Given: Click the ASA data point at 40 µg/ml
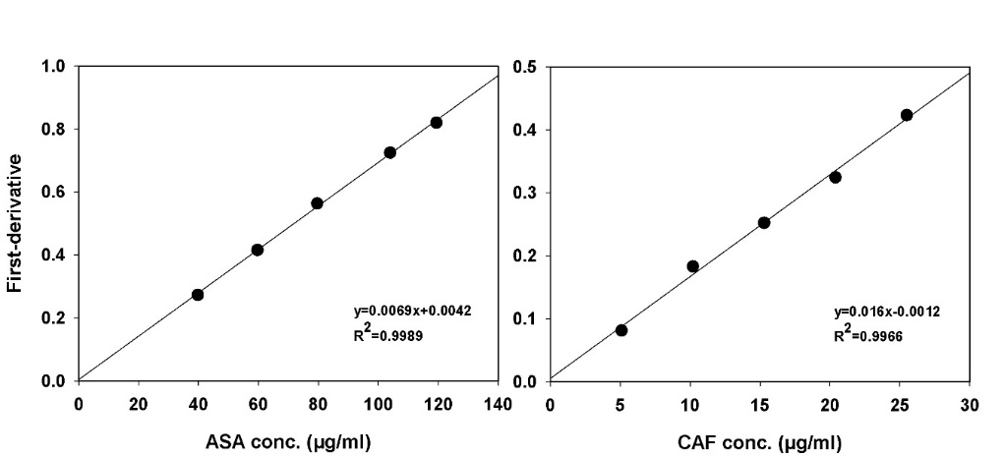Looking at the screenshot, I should coord(198,295).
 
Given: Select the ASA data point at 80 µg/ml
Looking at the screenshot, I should coord(317,203).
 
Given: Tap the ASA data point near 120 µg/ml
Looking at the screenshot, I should coord(436,123).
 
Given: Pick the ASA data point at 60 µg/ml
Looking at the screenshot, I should coord(258,250).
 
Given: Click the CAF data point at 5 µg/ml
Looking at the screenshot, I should coord(621,330).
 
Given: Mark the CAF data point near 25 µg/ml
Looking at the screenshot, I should coord(907,115).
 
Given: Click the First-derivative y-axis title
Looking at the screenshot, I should coord(16,223).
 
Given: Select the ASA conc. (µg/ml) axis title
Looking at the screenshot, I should coord(287,442).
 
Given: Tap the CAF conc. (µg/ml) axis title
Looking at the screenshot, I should coord(759,442).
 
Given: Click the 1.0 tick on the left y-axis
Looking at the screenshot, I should coord(53,67).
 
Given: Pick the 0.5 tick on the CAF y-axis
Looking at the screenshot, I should coord(524,67).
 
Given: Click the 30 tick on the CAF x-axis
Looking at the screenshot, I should coord(970,403).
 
